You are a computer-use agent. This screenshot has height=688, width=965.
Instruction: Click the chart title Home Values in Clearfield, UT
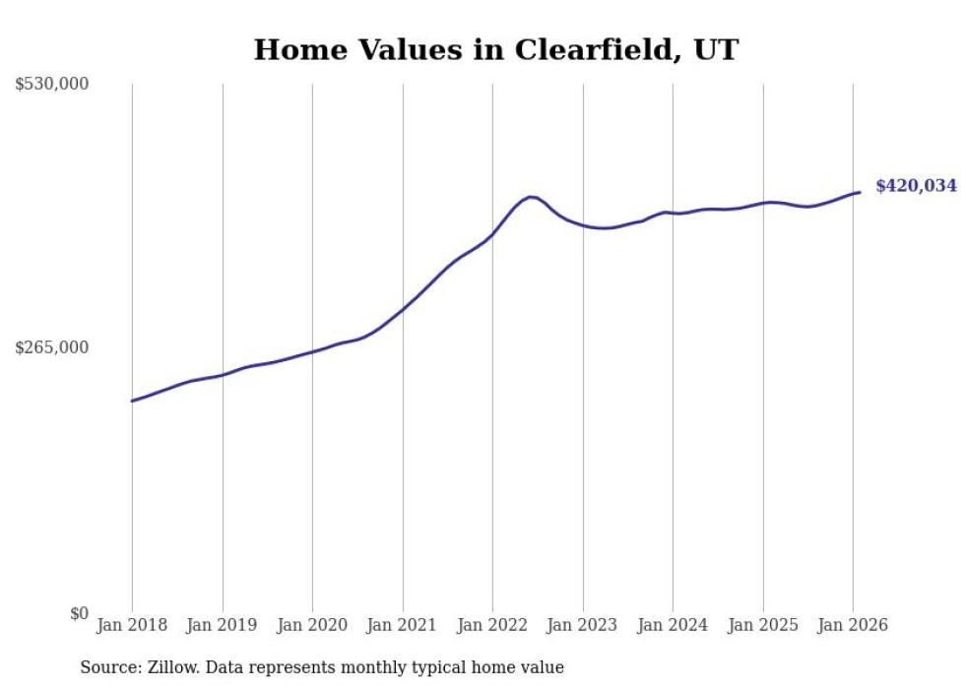pos(495,50)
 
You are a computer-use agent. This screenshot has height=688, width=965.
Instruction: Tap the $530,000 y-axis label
pos(52,85)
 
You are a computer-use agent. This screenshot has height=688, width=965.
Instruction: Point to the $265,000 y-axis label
pos(52,347)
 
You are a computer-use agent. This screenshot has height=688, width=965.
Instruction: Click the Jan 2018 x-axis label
pos(132,626)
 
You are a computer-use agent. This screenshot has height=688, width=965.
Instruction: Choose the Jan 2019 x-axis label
pos(223,626)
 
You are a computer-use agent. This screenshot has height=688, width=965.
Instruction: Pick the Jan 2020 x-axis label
pos(312,626)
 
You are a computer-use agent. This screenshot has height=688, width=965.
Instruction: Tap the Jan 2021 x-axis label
pos(403,626)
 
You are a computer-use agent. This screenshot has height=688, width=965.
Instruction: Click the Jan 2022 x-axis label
pos(492,626)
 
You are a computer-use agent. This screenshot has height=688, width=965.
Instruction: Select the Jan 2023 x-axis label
pos(583,626)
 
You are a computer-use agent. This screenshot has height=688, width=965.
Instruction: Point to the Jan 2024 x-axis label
pos(673,626)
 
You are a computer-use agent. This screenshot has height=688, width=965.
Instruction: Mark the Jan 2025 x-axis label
pos(763,626)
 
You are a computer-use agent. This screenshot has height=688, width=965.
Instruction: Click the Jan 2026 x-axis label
pos(853,626)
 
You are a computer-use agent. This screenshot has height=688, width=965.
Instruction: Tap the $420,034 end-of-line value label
pos(916,186)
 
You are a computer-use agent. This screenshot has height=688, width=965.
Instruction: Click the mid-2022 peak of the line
pos(531,197)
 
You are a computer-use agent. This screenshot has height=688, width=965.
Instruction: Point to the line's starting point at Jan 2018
pos(132,401)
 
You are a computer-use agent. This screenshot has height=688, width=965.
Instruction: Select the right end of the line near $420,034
pos(860,192)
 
